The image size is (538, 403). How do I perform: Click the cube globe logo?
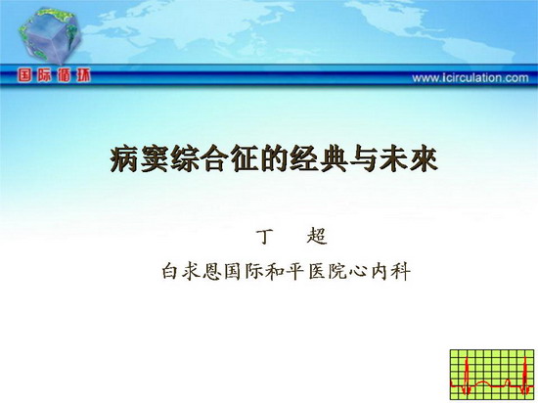coord(50,35)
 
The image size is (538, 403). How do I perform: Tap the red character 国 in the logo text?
coord(24,75)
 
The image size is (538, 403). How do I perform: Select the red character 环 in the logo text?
coord(83,75)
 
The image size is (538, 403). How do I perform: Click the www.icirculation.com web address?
coord(471,78)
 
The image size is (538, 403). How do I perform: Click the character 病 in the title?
coord(124,158)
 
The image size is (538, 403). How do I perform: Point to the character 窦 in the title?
coord(154,158)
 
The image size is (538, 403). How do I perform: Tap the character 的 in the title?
coord(274,158)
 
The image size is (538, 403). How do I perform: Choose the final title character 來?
coord(425,158)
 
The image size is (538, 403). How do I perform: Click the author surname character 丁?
coord(264,237)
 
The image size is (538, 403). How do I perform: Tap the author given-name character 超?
coord(317,237)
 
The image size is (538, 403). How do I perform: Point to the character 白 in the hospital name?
coord(170,271)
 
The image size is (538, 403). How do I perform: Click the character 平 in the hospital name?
coord(295,272)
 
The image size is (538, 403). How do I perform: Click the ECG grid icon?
coord(492,375)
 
